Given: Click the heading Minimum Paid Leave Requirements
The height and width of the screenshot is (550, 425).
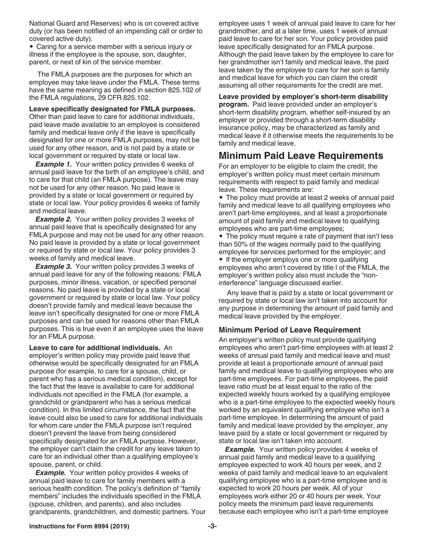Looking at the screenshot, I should tap(301, 156).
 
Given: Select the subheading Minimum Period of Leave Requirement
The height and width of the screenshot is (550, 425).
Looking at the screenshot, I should tap(289, 330).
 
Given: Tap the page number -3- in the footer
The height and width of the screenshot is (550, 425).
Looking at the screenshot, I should tap(212, 526).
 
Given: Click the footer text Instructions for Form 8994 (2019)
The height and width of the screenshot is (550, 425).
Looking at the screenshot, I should tap(79, 526).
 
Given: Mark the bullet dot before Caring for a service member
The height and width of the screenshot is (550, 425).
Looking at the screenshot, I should tap(31, 47).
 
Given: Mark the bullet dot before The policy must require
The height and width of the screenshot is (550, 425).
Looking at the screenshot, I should tap(221, 237).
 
